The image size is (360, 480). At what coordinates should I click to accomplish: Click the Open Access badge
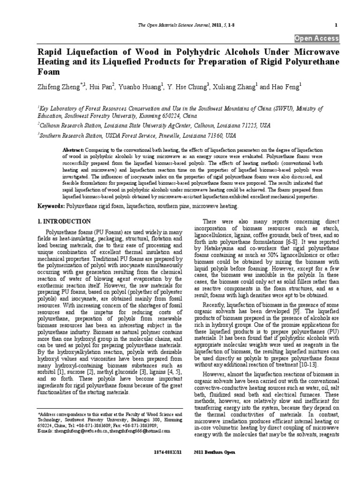tap(316, 38)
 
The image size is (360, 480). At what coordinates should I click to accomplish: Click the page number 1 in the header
tap(336, 24)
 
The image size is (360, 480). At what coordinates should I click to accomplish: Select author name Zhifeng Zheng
tap(59, 87)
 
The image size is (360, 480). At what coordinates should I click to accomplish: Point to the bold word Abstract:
tap(73, 149)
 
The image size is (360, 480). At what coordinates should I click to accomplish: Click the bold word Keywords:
tap(52, 206)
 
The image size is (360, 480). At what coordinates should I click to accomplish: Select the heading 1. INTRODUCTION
tap(64, 221)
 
